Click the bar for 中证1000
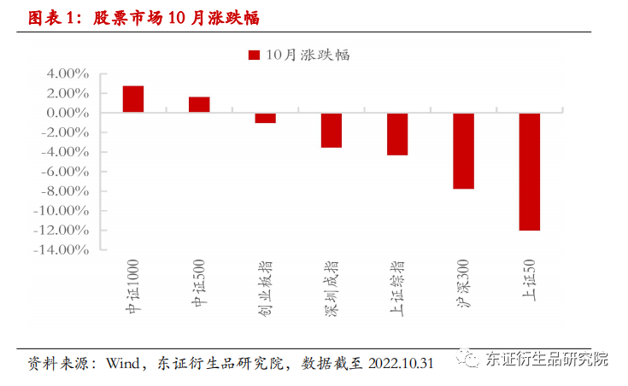[x=133, y=99]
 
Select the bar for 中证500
[x=199, y=104]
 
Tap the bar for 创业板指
[x=265, y=118]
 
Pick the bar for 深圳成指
[x=332, y=130]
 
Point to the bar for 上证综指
[x=397, y=134]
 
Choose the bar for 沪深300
[x=463, y=151]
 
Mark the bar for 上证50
[x=530, y=172]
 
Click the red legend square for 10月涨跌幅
[x=254, y=55]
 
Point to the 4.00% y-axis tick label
[x=67, y=73]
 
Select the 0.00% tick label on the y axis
[x=67, y=113]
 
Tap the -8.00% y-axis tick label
[x=65, y=191]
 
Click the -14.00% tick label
[x=62, y=250]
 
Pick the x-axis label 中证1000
[x=132, y=286]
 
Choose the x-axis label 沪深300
[x=463, y=284]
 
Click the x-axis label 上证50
[x=529, y=280]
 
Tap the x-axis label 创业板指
[x=265, y=289]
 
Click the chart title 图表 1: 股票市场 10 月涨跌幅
[x=144, y=18]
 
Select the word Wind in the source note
[x=122, y=364]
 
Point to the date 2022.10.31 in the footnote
[x=401, y=364]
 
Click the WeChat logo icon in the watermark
[x=467, y=358]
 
